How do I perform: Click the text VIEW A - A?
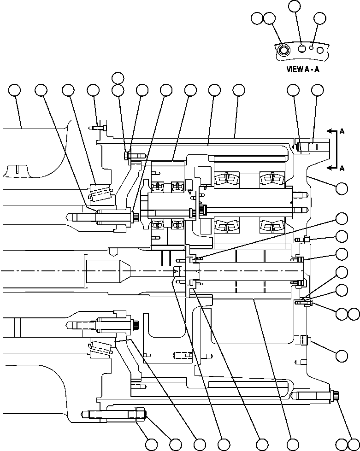[x=303, y=69]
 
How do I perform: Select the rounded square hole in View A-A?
[x=302, y=48]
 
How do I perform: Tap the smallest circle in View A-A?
[x=312, y=47]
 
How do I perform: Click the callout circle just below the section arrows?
[x=342, y=188]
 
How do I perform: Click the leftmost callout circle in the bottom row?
[x=151, y=444]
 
